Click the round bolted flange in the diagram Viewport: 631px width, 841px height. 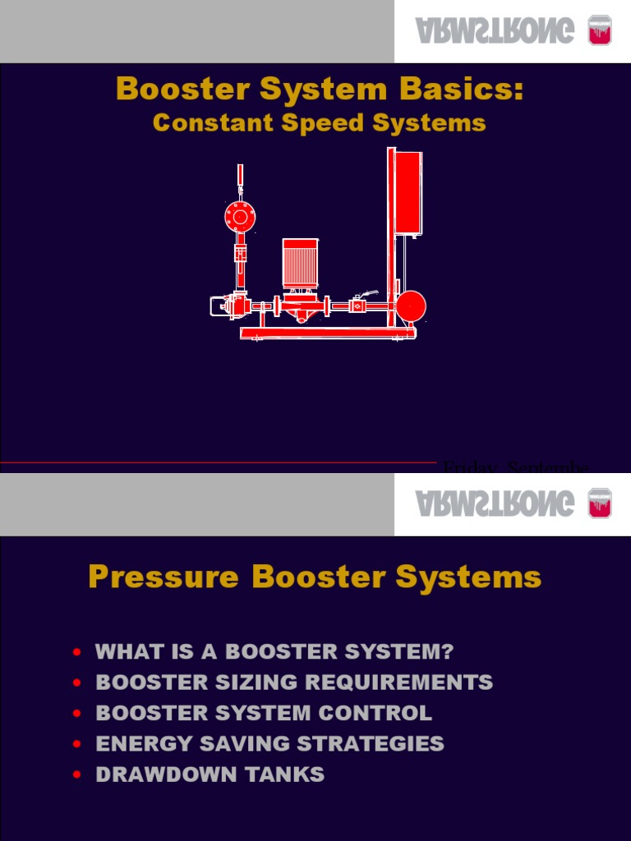coord(240,218)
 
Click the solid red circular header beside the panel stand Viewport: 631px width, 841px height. coord(411,306)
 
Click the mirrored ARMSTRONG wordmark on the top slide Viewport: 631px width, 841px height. coord(494,31)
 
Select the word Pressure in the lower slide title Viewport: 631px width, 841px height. coord(164,577)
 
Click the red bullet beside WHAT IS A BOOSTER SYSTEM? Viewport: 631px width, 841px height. coord(77,653)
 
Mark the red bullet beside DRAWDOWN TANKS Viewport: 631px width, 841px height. coord(77,775)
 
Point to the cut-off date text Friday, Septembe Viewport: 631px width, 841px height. coord(515,467)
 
